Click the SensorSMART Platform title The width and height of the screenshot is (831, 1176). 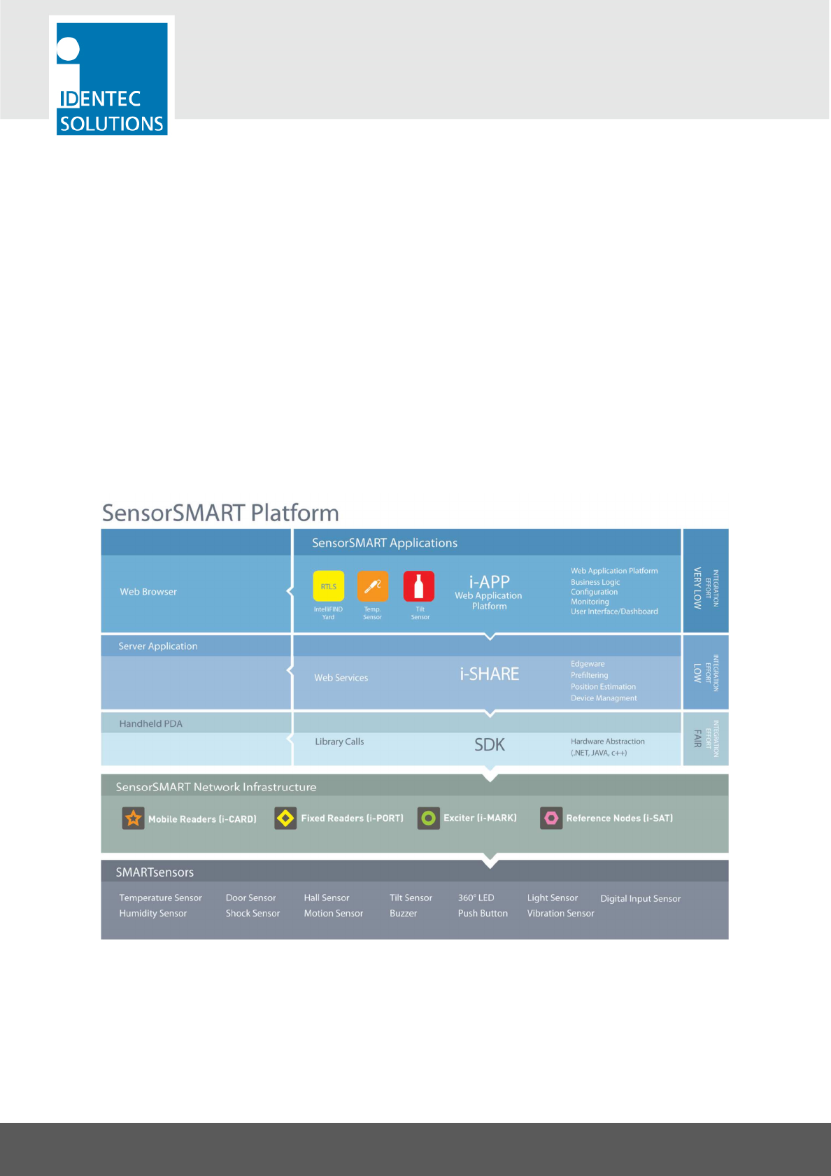220,513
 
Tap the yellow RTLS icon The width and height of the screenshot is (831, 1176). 328,586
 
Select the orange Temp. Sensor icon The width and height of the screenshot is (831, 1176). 373,586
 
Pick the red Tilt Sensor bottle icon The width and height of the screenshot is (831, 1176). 419,586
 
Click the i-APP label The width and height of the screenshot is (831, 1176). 489,582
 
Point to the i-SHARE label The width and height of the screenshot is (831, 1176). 489,674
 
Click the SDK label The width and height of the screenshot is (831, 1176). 489,744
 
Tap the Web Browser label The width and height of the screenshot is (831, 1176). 148,592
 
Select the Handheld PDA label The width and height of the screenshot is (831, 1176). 150,723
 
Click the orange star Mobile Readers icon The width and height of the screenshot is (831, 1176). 133,818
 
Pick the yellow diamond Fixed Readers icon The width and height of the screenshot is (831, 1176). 285,818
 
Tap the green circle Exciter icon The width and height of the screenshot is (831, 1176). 429,818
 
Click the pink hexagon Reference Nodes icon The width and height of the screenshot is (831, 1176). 551,818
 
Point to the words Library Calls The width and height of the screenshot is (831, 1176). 339,742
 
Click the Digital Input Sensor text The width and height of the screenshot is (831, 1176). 640,898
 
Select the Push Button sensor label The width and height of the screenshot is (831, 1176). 483,914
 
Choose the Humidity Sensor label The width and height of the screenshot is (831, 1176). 152,914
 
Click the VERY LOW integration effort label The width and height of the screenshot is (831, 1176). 697,588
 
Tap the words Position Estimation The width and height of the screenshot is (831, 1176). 603,687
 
